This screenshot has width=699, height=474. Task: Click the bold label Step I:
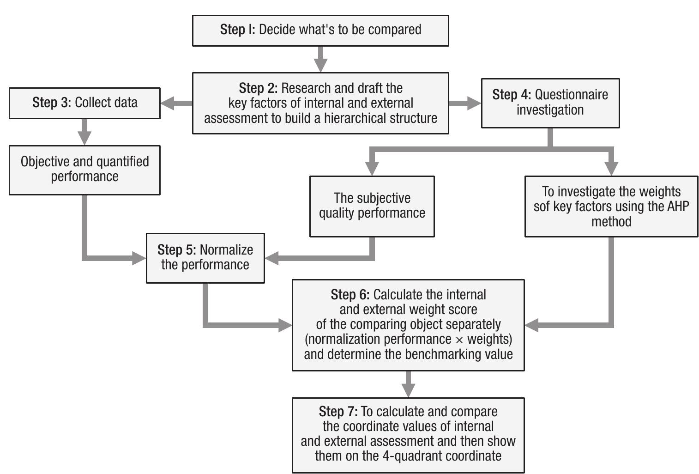(x=237, y=30)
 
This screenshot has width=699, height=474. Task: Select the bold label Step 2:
(x=258, y=88)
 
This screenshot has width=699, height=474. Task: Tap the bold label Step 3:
(x=51, y=103)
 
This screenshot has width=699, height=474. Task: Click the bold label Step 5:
(x=176, y=250)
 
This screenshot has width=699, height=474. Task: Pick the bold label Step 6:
(x=350, y=295)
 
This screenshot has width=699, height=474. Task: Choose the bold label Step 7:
(x=338, y=412)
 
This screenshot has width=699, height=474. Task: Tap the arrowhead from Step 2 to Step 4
(x=474, y=103)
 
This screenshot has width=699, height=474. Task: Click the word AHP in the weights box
(x=678, y=206)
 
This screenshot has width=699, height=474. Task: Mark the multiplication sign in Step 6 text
(x=459, y=340)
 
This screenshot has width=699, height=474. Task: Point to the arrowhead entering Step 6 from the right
(x=532, y=325)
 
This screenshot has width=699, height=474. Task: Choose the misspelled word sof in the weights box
(x=542, y=206)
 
